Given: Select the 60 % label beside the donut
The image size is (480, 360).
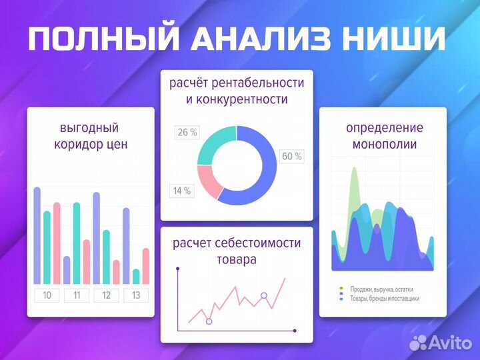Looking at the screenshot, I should tap(291, 157).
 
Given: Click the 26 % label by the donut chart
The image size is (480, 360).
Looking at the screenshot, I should tap(187, 133).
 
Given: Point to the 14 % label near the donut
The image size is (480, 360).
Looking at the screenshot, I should tap(182, 191).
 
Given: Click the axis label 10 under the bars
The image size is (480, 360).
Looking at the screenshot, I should tap(47, 295).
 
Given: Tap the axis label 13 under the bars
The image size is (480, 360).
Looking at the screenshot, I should tap(136, 295).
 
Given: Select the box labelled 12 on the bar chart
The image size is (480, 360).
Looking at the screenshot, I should tap(107, 295).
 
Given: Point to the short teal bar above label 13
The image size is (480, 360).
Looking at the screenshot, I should tap(136, 276).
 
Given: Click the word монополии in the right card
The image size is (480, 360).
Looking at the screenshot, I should tap(385, 144).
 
